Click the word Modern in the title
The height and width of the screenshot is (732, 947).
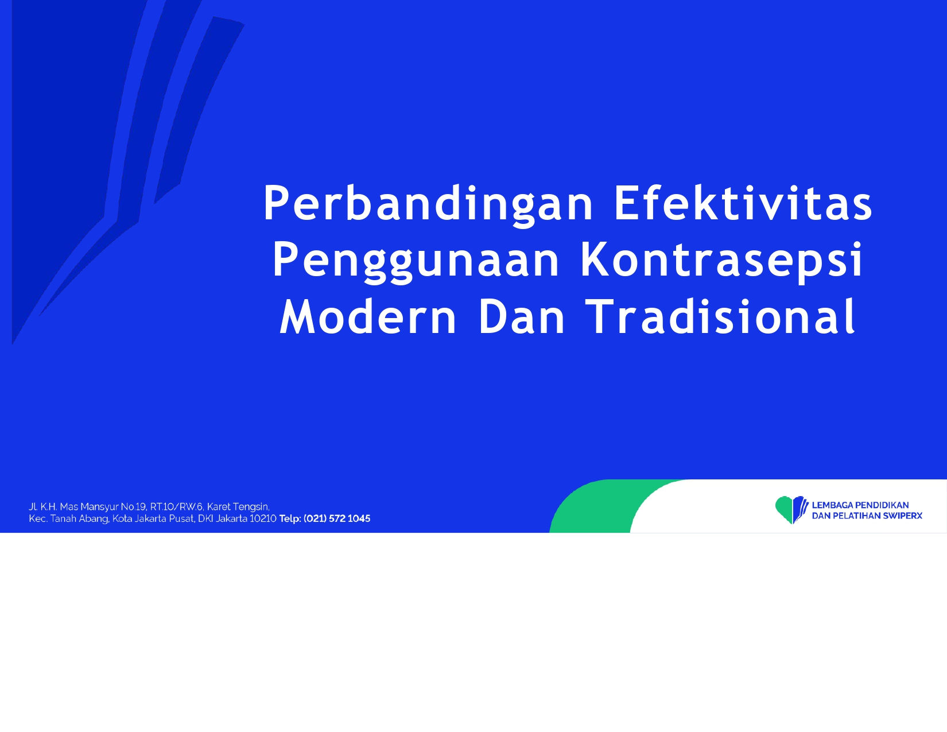[x=368, y=316]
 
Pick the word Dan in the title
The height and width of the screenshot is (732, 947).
[x=521, y=316]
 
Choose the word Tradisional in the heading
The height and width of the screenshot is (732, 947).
[x=720, y=316]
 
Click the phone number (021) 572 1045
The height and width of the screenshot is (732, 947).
[x=337, y=518]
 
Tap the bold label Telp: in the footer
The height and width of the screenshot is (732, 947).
[x=290, y=518]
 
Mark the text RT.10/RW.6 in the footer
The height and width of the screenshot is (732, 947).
[x=176, y=506]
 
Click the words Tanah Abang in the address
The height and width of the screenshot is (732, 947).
[x=79, y=519]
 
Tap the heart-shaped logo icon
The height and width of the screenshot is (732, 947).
[x=791, y=509]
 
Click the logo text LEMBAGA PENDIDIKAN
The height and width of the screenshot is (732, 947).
[x=860, y=505]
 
